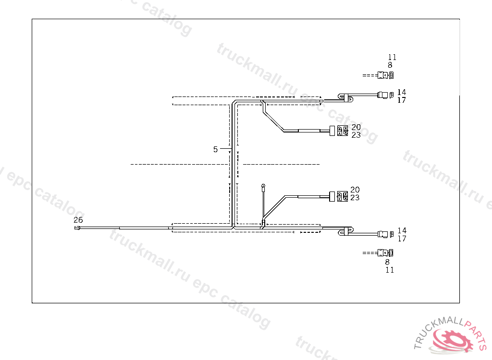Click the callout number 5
click(x=216, y=149)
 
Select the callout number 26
click(x=78, y=220)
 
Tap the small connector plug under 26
click(x=78, y=228)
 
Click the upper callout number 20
click(x=356, y=127)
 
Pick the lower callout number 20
click(x=355, y=190)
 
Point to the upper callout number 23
click(x=356, y=135)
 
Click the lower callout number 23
click(x=355, y=198)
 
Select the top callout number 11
click(x=392, y=57)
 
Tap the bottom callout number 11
click(x=390, y=270)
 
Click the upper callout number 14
click(x=402, y=92)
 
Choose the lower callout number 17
click(x=402, y=239)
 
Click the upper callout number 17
click(x=402, y=100)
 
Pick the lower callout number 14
click(x=402, y=230)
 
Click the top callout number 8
click(x=390, y=65)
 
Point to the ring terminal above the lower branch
click(x=263, y=185)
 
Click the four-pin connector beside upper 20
click(x=343, y=131)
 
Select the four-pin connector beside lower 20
click(x=343, y=196)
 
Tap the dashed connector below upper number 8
click(x=385, y=75)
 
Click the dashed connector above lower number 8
click(x=385, y=252)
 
